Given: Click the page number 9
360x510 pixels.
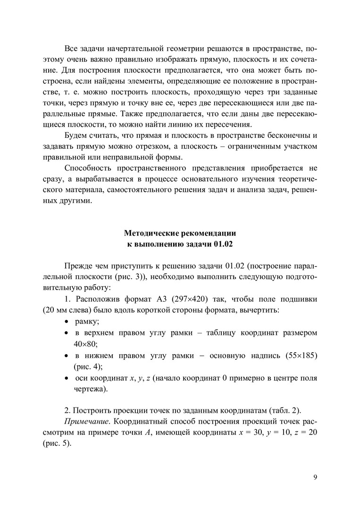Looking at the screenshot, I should [315, 476].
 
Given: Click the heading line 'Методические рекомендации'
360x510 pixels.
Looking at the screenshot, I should [180, 233].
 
